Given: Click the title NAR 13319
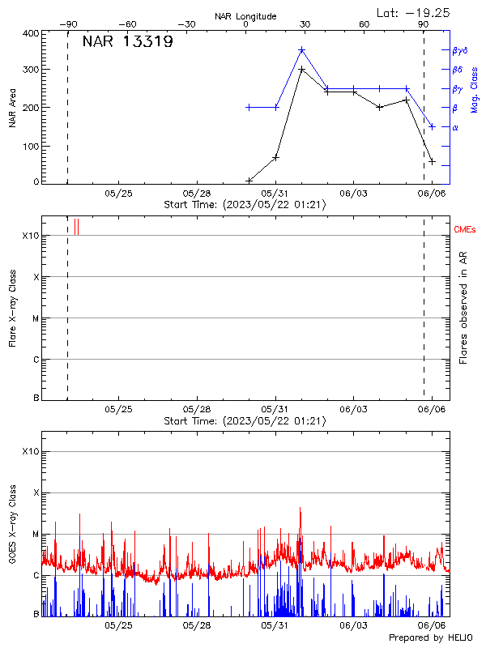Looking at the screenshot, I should pyautogui.click(x=127, y=42).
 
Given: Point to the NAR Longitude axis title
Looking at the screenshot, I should pyautogui.click(x=245, y=16).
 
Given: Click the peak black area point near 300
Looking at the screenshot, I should pyautogui.click(x=301, y=70).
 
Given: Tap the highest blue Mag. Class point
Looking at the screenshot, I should pyautogui.click(x=301, y=50).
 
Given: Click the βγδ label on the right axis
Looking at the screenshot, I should pyautogui.click(x=461, y=50).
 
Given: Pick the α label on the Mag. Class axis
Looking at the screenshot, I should pyautogui.click(x=455, y=127).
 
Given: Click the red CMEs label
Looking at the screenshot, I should pyautogui.click(x=465, y=231).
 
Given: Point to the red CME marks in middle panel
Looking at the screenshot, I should pyautogui.click(x=76, y=227).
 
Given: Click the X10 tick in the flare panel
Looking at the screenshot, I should pyautogui.click(x=30, y=236).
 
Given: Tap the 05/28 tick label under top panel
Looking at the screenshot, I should pyautogui.click(x=197, y=194).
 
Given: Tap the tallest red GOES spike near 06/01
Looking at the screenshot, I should pyautogui.click(x=301, y=509).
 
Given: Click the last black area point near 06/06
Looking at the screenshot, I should pyautogui.click(x=432, y=161).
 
